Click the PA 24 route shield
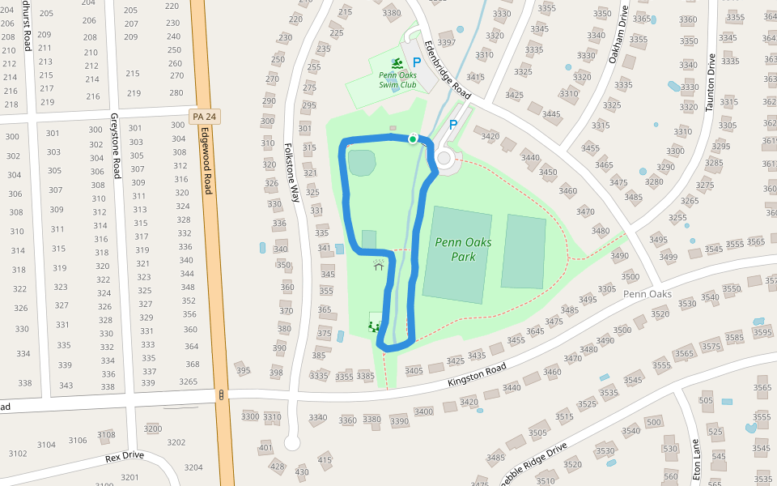click(204, 117)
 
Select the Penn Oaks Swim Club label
click(397, 79)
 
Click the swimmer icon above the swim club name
click(397, 62)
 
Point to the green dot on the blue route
click(412, 139)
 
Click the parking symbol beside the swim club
click(417, 62)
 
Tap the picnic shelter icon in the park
click(378, 264)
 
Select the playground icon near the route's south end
click(374, 326)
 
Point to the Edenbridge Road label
click(448, 70)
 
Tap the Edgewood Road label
click(207, 160)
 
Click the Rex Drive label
click(125, 456)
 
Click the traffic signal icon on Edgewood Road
click(221, 394)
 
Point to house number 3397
click(446, 43)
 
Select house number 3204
click(193, 467)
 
